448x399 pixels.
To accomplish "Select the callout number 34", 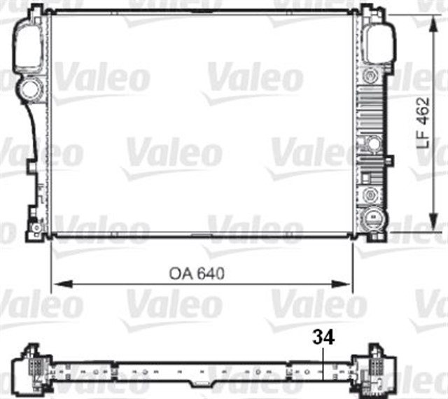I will click(324, 337).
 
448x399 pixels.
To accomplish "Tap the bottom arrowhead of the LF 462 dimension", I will click(430, 230).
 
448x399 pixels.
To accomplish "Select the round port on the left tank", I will click(31, 89).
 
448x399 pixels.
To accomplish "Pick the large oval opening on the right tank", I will click(376, 42).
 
